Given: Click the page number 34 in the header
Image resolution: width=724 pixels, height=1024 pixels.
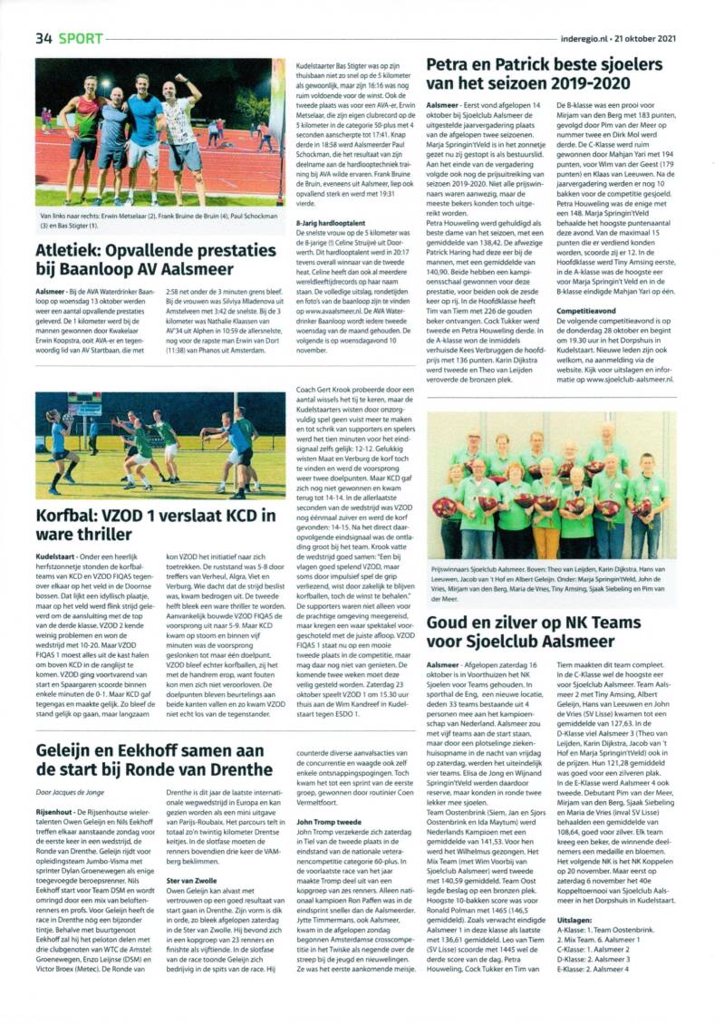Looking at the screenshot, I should click(x=44, y=38).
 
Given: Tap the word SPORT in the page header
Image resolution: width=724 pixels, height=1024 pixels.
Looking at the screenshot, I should click(x=82, y=38).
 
